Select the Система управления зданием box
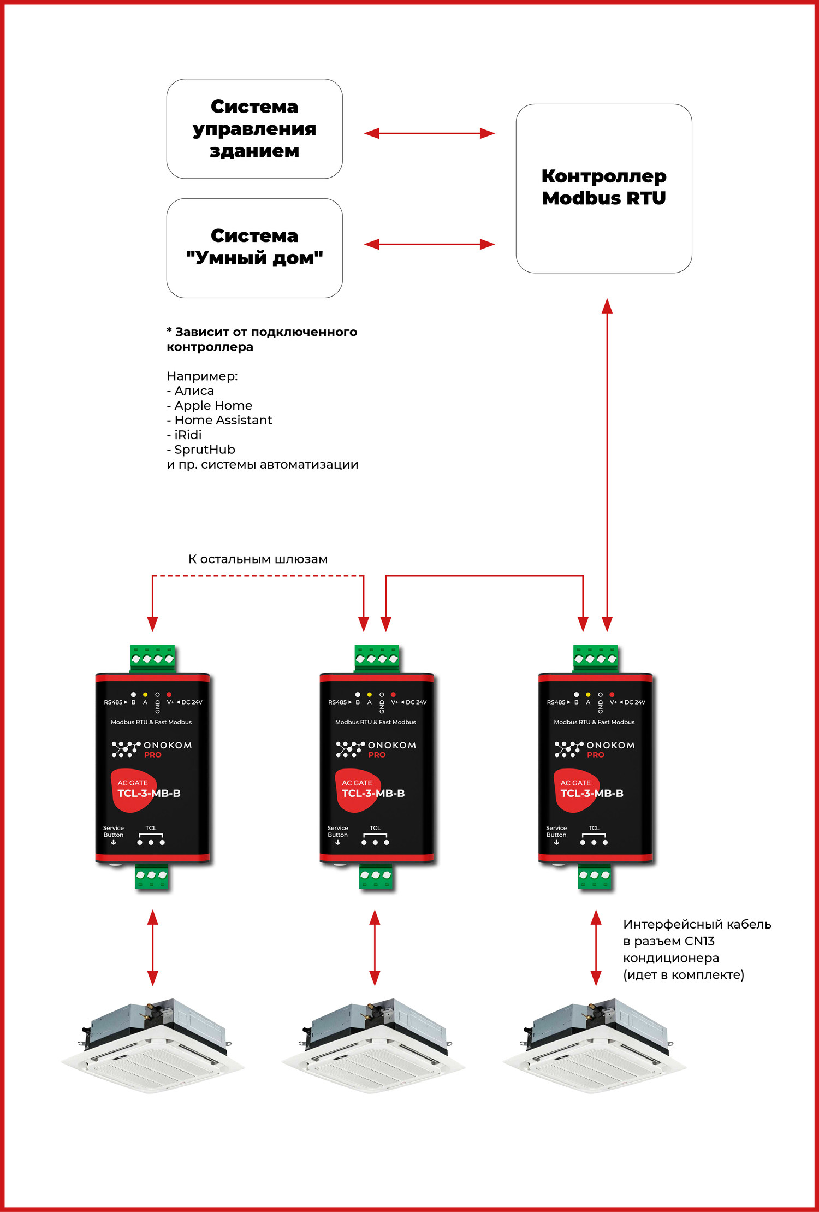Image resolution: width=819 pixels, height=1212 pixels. pos(254,129)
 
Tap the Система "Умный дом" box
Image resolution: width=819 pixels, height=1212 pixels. pos(254,247)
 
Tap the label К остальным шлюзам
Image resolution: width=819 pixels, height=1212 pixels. pos(258,559)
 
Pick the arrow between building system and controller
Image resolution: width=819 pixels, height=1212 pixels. pos(429,133)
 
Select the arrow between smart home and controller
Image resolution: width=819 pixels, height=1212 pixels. pos(429,244)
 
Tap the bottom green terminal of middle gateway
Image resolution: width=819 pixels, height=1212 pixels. pos(376,876)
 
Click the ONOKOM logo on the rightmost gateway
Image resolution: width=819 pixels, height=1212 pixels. pos(595,749)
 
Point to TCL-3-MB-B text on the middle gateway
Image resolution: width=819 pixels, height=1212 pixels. pos(373,793)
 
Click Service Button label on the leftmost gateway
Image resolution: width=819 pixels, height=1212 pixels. pos(114,832)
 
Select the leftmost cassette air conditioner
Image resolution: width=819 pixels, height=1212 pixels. pos(153,1043)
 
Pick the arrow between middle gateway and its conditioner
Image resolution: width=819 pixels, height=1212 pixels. pos(375,948)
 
